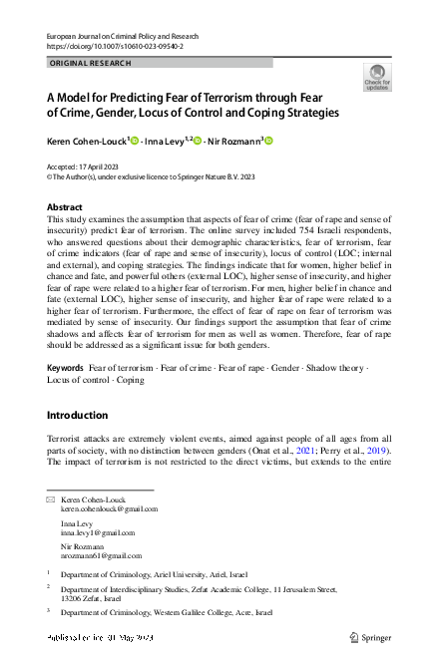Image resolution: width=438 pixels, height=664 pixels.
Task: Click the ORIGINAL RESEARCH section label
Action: pos(88,63)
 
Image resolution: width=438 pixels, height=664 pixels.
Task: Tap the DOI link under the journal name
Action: pos(115,46)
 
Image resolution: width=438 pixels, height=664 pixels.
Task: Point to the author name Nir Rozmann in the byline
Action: pos(231,141)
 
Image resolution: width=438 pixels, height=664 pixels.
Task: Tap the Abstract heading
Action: pos(66,206)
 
